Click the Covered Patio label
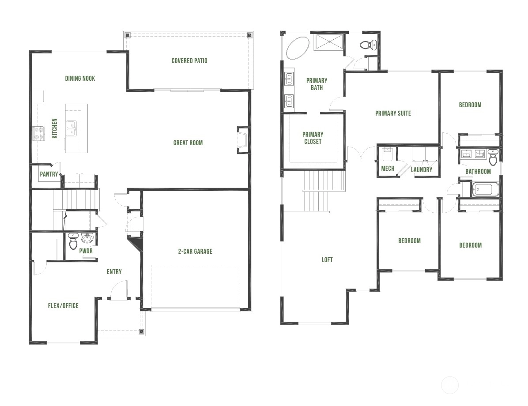click(x=189, y=61)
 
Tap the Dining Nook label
click(x=80, y=79)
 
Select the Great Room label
click(x=188, y=143)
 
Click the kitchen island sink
click(x=72, y=128)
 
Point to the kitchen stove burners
click(x=38, y=133)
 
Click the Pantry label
click(x=49, y=174)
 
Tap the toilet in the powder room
click(x=73, y=241)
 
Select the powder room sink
click(x=87, y=238)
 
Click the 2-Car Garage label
click(x=195, y=251)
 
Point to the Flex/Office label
click(x=63, y=306)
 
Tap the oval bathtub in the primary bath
click(x=298, y=48)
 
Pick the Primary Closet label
click(x=313, y=138)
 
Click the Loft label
click(x=327, y=259)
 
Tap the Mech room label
click(x=388, y=168)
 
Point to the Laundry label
click(x=422, y=169)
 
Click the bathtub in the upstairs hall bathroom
click(x=486, y=189)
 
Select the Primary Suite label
click(x=393, y=113)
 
